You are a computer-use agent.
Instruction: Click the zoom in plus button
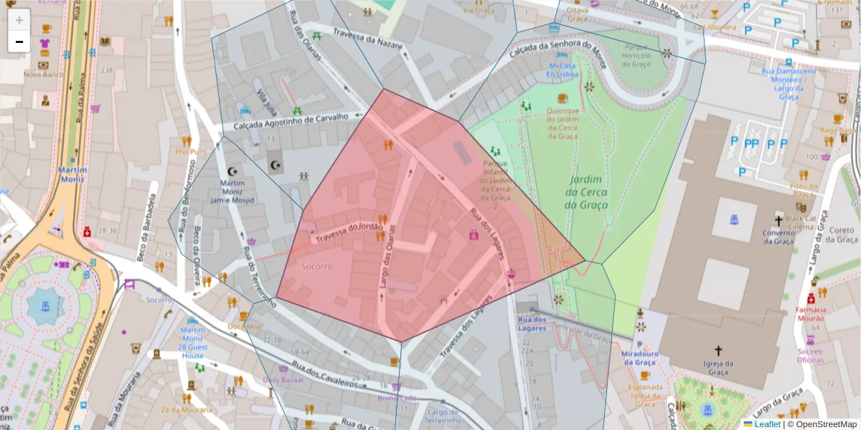pyautogui.click(x=19, y=20)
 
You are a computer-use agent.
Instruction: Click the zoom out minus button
pyautogui.click(x=19, y=42)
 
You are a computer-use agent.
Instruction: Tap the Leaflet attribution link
pyautogui.click(x=767, y=424)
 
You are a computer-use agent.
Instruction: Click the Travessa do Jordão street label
pyautogui.click(x=349, y=231)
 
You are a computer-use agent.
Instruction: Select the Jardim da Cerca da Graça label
pyautogui.click(x=586, y=192)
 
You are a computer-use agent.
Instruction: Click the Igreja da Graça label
pyautogui.click(x=718, y=368)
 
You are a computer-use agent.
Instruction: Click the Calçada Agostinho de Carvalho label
pyautogui.click(x=291, y=122)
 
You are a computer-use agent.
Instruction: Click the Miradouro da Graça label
pyautogui.click(x=639, y=358)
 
